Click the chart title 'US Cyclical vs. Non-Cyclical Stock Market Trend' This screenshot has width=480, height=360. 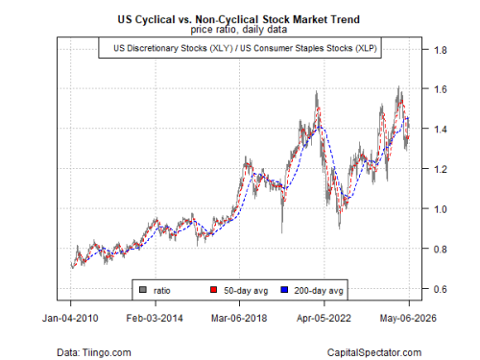pyautogui.click(x=239, y=19)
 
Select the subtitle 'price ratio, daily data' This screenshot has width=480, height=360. pyautogui.click(x=239, y=30)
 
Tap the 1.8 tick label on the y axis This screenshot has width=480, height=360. pyautogui.click(x=440, y=50)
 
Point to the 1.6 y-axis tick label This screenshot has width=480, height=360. pyautogui.click(x=440, y=89)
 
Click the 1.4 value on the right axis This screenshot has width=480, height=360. pyautogui.click(x=440, y=129)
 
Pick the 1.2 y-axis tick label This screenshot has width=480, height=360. pyautogui.click(x=440, y=169)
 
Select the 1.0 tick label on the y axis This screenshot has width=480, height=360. pyautogui.click(x=440, y=209)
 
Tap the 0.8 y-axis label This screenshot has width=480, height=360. pyautogui.click(x=440, y=249)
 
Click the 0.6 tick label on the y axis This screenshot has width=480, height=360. pyautogui.click(x=440, y=289)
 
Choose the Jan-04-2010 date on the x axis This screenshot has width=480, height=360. pyautogui.click(x=70, y=318)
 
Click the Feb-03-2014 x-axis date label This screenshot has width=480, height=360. pyautogui.click(x=155, y=318)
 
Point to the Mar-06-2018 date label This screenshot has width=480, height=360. pyautogui.click(x=239, y=318)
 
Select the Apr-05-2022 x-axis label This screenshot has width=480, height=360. pyautogui.click(x=324, y=318)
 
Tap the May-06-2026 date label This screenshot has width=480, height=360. pyautogui.click(x=408, y=318)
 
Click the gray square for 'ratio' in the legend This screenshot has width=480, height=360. pyautogui.click(x=143, y=290)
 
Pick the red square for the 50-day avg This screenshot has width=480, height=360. pyautogui.click(x=213, y=290)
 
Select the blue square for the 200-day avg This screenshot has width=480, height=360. pyautogui.click(x=284, y=290)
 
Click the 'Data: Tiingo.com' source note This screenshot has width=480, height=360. pyautogui.click(x=94, y=352)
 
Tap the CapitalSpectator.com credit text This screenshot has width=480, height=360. pyautogui.click(x=374, y=352)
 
